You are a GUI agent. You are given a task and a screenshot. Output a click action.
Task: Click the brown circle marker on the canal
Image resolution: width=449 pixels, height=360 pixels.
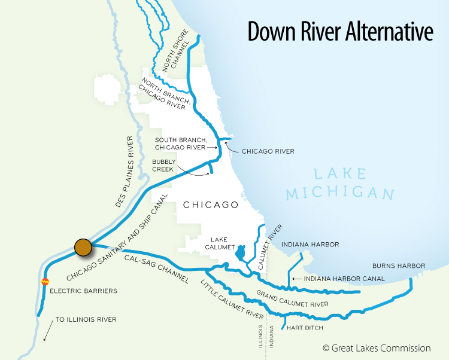(83, 246)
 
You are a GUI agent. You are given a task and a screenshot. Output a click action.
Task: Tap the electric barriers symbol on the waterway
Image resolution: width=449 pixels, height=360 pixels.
(44, 282)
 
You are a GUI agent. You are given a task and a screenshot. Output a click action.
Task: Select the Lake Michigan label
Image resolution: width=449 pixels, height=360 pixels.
(339, 184)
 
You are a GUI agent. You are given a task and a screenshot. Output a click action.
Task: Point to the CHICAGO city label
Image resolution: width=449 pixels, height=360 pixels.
(210, 205)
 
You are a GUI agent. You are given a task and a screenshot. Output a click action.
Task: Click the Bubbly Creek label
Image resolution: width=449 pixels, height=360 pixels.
(162, 165)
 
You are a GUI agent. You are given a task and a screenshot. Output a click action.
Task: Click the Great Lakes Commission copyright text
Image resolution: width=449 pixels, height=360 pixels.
(376, 348)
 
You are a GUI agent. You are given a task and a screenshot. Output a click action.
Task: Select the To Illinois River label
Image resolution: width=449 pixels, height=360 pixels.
(86, 320)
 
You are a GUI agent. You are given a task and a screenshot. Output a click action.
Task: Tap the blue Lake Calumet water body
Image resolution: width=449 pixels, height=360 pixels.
(240, 254)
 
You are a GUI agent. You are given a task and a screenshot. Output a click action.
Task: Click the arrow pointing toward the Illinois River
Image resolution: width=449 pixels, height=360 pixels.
(46, 331)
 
